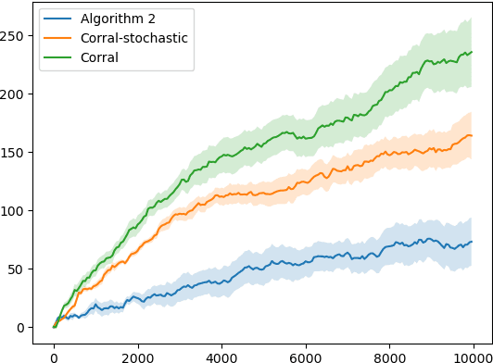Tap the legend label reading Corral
[100, 56]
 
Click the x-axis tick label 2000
[137, 352]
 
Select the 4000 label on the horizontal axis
[221, 352]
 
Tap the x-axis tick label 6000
[306, 352]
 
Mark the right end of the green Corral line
[472, 52]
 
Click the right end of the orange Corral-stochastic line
[472, 136]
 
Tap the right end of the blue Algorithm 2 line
[472, 242]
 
